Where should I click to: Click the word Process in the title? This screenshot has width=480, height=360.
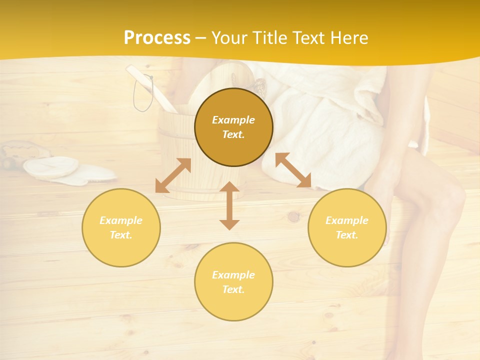(x=157, y=38)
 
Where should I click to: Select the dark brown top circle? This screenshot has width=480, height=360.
(x=233, y=127)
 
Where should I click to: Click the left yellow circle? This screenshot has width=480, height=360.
(x=121, y=227)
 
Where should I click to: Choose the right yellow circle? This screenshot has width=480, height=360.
(x=346, y=227)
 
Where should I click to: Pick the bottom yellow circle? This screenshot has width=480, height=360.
(x=233, y=282)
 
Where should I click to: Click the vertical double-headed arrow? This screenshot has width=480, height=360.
(x=229, y=205)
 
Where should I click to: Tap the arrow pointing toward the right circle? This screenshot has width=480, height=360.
(x=293, y=170)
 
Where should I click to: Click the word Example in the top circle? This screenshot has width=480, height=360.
(x=233, y=120)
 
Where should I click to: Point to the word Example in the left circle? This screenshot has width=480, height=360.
(x=120, y=220)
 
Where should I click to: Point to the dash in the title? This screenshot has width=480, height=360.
(x=201, y=38)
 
